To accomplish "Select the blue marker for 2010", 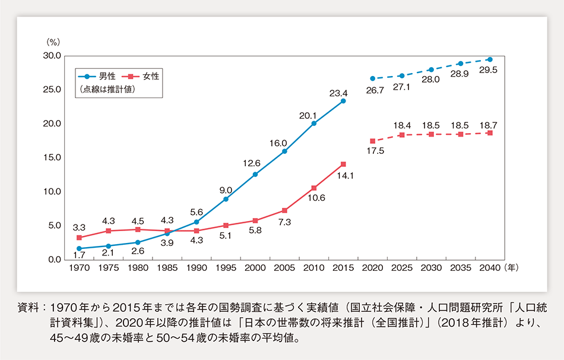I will click(314, 124).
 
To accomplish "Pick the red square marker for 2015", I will click(343, 164).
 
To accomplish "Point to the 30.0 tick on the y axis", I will click(52, 56).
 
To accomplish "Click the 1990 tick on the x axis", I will click(197, 269).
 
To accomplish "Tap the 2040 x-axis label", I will click(489, 269).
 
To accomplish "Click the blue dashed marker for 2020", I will click(372, 78).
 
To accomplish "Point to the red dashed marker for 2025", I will click(402, 135).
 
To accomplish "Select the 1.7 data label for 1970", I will click(80, 256).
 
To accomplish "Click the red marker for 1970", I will click(80, 238).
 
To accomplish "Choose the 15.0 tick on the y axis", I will click(52, 158).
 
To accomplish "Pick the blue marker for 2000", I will click(255, 174).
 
